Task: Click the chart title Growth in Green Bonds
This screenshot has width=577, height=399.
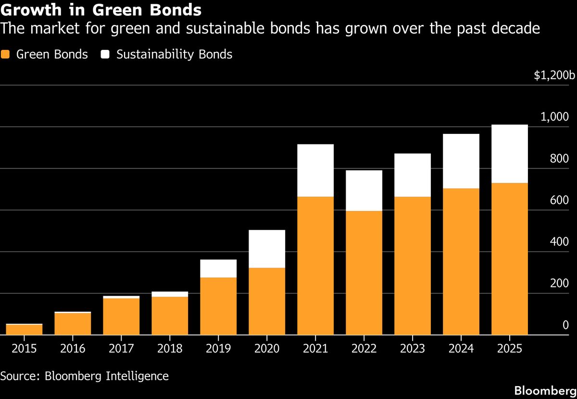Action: (x=101, y=9)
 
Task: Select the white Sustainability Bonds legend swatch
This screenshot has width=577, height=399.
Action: (x=105, y=54)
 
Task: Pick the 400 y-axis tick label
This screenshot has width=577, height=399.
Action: (x=559, y=242)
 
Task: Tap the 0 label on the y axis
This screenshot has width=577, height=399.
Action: (x=565, y=326)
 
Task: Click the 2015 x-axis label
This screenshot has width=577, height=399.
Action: (x=24, y=348)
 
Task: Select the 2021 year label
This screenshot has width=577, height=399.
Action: (x=315, y=348)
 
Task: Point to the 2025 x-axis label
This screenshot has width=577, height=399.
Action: (x=509, y=348)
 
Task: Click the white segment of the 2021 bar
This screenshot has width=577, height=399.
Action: (x=315, y=170)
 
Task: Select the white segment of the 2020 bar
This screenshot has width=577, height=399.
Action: (x=267, y=249)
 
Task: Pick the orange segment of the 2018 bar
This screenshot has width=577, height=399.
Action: (x=170, y=315)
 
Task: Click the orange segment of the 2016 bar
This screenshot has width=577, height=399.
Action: (x=73, y=324)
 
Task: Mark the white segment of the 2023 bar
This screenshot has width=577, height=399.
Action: (x=413, y=175)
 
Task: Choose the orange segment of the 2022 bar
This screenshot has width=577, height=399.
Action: (x=364, y=272)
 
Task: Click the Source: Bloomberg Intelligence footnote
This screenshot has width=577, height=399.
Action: (x=85, y=375)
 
